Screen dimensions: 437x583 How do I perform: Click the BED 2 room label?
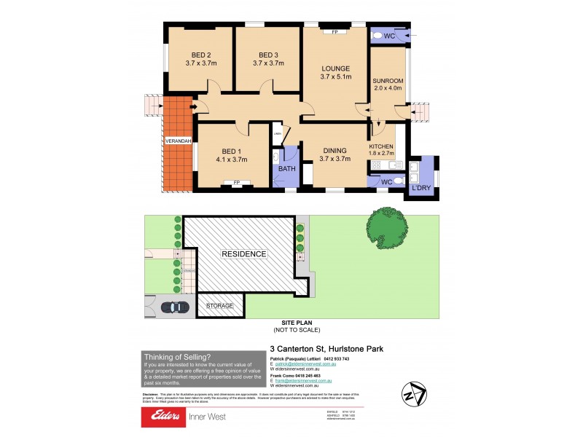click(201, 55)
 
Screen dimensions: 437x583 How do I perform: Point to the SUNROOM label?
click(388, 80)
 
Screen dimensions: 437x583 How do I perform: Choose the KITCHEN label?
click(382, 146)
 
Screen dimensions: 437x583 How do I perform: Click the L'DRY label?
click(422, 189)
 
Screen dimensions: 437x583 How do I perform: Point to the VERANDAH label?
click(178, 141)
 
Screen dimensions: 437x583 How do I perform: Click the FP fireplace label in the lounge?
click(335, 33)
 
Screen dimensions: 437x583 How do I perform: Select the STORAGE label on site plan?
click(220, 307)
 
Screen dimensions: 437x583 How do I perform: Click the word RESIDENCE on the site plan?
click(244, 253)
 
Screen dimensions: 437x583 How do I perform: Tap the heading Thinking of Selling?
click(177, 357)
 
